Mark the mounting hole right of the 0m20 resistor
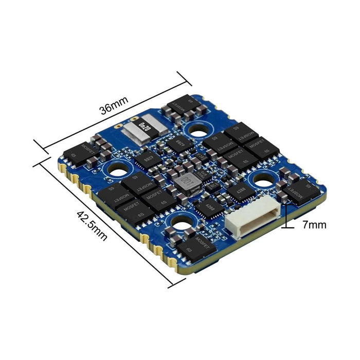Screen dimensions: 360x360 pyautogui.click(x=196, y=131)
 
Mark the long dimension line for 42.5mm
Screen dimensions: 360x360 pyautogui.click(x=103, y=221)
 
